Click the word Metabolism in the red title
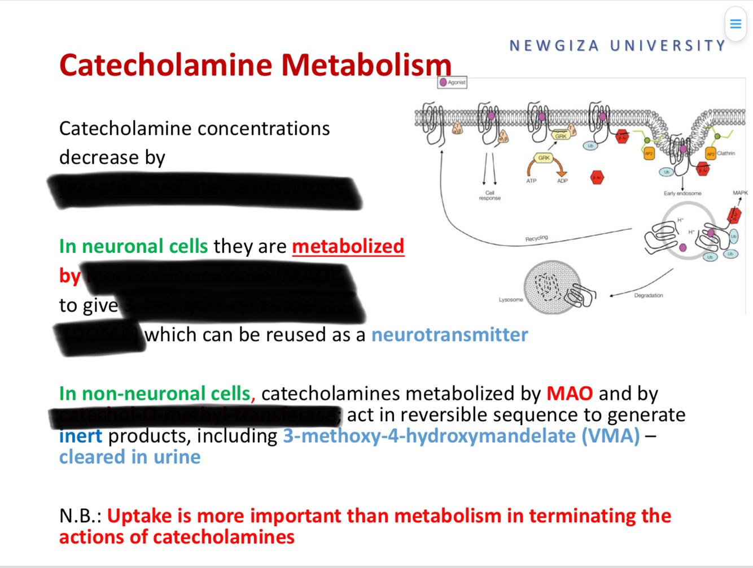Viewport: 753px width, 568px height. coord(366,65)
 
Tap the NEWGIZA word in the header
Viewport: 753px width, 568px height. coord(554,46)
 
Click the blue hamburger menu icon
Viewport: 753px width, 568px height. coord(736,24)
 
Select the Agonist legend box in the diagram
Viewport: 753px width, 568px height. coord(452,82)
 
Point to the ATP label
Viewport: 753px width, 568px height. coord(531,181)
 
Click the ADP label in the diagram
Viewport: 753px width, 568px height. coord(562,181)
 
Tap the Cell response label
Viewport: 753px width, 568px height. coord(489,195)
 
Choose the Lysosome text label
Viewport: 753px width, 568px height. coord(510,300)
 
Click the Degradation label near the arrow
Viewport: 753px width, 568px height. coord(648,295)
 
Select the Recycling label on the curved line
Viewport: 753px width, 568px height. coord(536,238)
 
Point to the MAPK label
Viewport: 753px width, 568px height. coord(740,193)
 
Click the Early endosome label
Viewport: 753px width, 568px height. coord(682,194)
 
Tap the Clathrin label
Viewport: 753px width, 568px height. coord(726,154)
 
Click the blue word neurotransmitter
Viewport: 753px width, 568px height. coord(449,335)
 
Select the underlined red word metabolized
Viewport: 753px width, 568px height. coord(348,246)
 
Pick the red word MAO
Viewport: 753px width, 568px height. coord(569,394)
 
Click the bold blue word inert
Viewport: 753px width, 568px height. coord(81,436)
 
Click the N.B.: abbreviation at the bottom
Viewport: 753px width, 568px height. coord(80,516)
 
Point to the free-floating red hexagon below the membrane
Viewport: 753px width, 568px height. coord(597,178)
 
